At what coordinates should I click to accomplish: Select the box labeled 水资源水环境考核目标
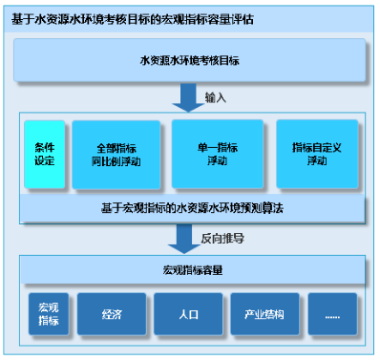190,60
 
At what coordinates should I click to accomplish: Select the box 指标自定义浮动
316,154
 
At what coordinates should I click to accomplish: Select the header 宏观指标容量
190,269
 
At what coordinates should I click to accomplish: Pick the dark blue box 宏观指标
49,312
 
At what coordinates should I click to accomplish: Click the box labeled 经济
111,312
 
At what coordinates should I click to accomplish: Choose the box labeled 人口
189,312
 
